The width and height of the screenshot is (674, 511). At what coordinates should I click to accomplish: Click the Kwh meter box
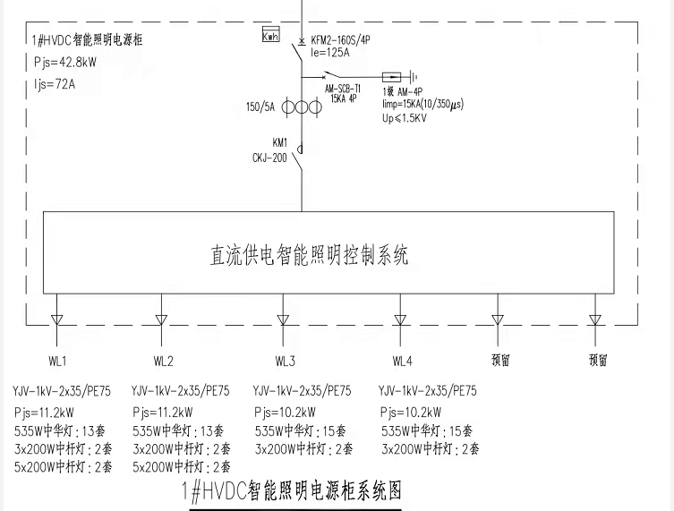coord(270,35)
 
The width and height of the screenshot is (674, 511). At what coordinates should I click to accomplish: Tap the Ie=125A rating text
coord(329,53)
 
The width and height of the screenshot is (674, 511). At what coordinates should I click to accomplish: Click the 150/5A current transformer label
coord(260,107)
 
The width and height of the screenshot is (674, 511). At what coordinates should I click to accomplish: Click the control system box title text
coord(309,256)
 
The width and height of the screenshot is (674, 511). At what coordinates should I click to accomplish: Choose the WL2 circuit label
coord(163,362)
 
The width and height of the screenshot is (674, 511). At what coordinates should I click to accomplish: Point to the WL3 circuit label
coord(285,362)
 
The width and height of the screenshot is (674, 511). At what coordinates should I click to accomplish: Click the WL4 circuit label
coord(402,362)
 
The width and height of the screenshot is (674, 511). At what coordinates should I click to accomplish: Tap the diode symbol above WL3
coord(283,320)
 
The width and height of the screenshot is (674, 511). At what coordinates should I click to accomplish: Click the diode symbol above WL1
coord(56,320)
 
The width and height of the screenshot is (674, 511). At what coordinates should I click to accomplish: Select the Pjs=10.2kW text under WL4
coord(411,413)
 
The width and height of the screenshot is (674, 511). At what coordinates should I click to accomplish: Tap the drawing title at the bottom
coord(291,490)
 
